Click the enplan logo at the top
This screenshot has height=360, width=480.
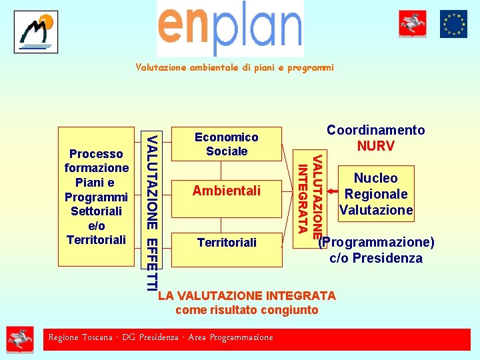(230, 28)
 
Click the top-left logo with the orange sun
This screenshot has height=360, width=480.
(36, 32)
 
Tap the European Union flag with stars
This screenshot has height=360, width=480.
(453, 24)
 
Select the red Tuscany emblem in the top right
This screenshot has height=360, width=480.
(413, 24)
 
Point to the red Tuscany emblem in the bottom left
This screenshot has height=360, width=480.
(20, 339)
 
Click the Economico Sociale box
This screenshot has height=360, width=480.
(227, 144)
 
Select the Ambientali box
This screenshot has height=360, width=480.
(227, 191)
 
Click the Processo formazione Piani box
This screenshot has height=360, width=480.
(97, 196)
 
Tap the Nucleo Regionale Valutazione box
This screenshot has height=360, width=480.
(376, 194)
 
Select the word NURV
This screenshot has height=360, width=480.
(375, 146)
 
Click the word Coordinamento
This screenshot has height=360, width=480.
(375, 131)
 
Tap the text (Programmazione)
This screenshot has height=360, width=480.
(377, 242)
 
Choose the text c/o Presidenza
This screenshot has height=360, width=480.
(376, 258)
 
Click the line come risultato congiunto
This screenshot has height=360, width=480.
(247, 310)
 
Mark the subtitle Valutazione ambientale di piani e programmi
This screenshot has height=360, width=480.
(234, 68)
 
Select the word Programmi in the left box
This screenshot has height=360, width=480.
(97, 197)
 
